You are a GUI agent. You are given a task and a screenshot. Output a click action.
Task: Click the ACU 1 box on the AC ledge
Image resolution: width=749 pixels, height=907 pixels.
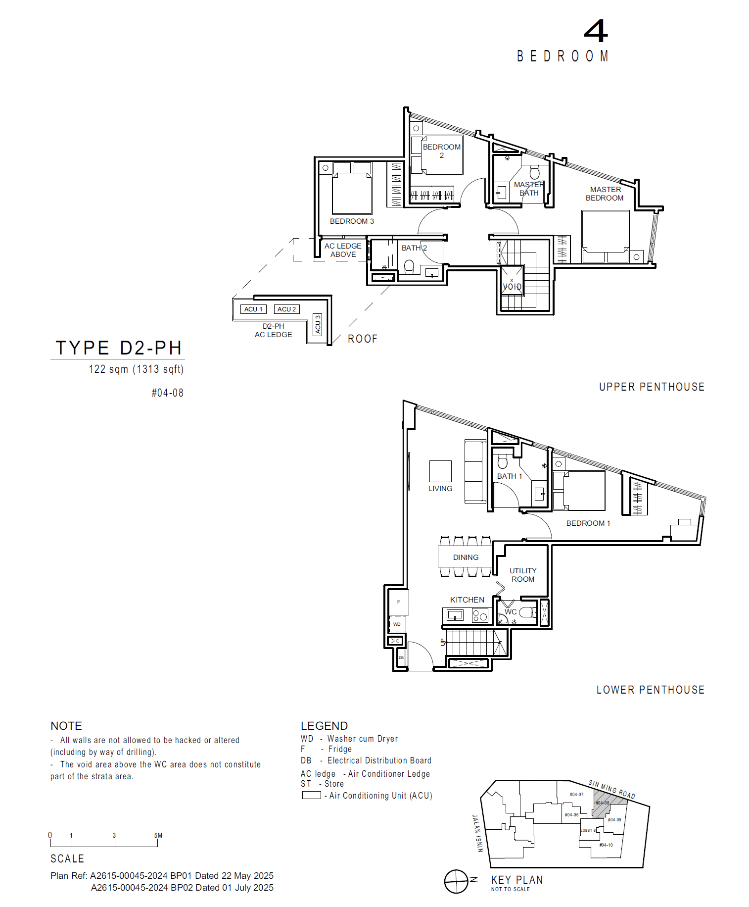pos(253,309)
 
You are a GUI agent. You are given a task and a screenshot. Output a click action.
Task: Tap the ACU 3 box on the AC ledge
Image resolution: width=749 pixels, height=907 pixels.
pos(318,324)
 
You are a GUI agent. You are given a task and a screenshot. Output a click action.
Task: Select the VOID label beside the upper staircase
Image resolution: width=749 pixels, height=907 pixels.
pos(512,286)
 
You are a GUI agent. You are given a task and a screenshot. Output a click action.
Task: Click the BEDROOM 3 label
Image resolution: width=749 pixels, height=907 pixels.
pos(352,221)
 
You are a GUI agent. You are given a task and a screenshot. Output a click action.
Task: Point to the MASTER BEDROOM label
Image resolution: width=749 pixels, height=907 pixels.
pos(605,194)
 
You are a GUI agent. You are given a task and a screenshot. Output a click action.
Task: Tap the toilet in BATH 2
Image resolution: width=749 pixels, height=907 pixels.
pos(409,267)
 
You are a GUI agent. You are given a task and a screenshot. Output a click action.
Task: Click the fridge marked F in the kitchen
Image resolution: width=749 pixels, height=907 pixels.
pos(398,602)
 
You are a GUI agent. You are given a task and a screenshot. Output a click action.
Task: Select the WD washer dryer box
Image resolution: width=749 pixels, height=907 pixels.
pos(397,624)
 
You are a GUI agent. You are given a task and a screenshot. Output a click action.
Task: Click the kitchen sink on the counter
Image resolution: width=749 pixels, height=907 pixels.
pos(455,615)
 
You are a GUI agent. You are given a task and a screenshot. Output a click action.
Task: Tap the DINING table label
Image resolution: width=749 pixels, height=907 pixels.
pos(466,557)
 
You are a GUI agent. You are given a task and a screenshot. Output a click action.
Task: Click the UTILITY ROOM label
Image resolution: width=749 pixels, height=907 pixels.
pos(523,575)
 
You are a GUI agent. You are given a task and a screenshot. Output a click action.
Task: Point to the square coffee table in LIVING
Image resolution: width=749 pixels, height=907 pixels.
pos(440,471)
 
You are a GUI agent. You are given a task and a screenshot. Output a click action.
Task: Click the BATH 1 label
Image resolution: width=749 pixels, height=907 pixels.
pos(510,476)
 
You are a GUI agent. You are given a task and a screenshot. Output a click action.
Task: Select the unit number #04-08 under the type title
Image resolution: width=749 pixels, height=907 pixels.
pos(167,393)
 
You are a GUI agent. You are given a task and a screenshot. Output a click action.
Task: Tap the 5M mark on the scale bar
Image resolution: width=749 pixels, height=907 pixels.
pos(158,836)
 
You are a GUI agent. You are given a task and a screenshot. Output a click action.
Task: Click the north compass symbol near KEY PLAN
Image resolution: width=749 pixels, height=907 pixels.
pos(456,882)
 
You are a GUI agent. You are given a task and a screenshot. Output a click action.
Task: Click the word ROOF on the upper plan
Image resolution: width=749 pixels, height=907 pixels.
pos(363,339)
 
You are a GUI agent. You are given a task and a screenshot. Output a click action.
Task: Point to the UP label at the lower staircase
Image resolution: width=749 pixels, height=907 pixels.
pos(443,642)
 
